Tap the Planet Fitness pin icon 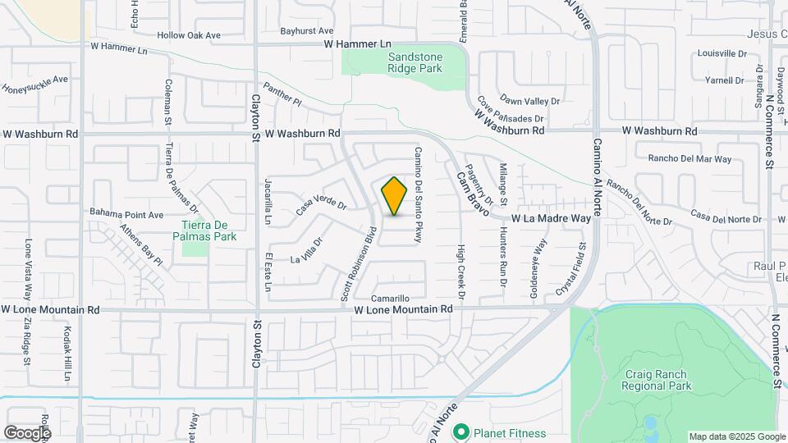(x=462, y=432)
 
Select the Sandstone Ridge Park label (x=415, y=63)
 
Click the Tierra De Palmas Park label (x=208, y=231)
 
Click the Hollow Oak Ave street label (x=190, y=35)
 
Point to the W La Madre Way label (x=551, y=219)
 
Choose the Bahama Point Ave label (x=127, y=215)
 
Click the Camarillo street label (x=390, y=298)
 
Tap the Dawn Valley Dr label (x=529, y=101)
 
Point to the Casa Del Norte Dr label (x=726, y=217)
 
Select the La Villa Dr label (x=307, y=251)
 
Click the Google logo (x=27, y=432)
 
